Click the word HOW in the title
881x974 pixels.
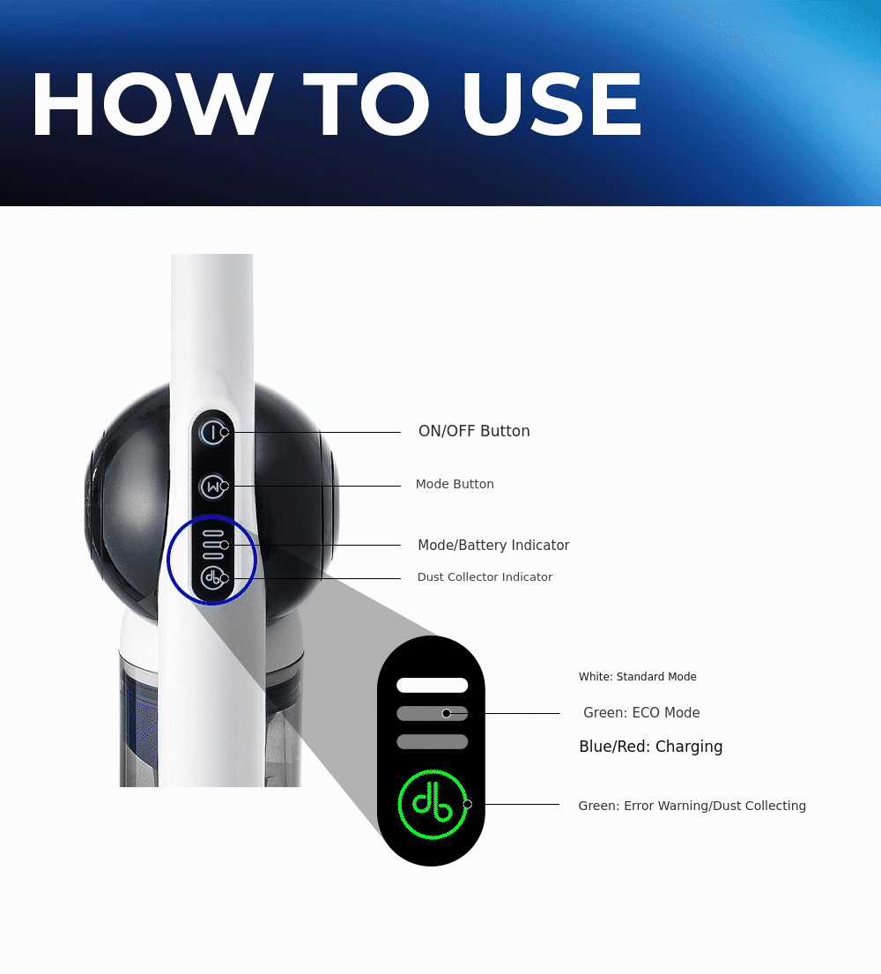[152, 104]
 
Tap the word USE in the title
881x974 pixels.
[552, 104]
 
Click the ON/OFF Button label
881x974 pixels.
[474, 431]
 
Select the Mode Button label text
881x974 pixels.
[455, 484]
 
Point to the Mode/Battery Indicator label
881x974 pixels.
[493, 545]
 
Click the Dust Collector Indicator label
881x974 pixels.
[485, 577]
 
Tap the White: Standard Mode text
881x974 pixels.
[638, 676]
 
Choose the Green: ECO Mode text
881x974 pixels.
[641, 712]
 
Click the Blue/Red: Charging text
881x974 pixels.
[651, 747]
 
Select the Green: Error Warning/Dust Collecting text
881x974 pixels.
[692, 806]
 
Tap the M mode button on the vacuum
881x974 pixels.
[213, 487]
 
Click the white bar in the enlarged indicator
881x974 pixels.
[432, 685]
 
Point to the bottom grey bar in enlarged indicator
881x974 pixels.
[432, 741]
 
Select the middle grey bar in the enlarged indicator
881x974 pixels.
[432, 714]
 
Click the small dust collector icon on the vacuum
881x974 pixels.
[213, 577]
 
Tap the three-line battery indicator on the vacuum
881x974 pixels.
[213, 544]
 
